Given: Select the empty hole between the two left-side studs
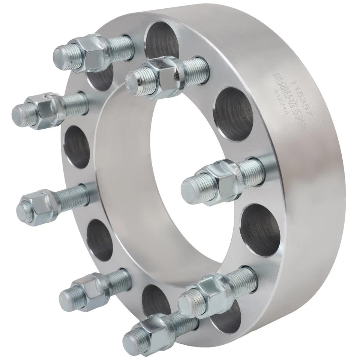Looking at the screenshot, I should coord(77,146).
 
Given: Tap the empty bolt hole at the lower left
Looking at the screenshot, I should coord(99,240).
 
